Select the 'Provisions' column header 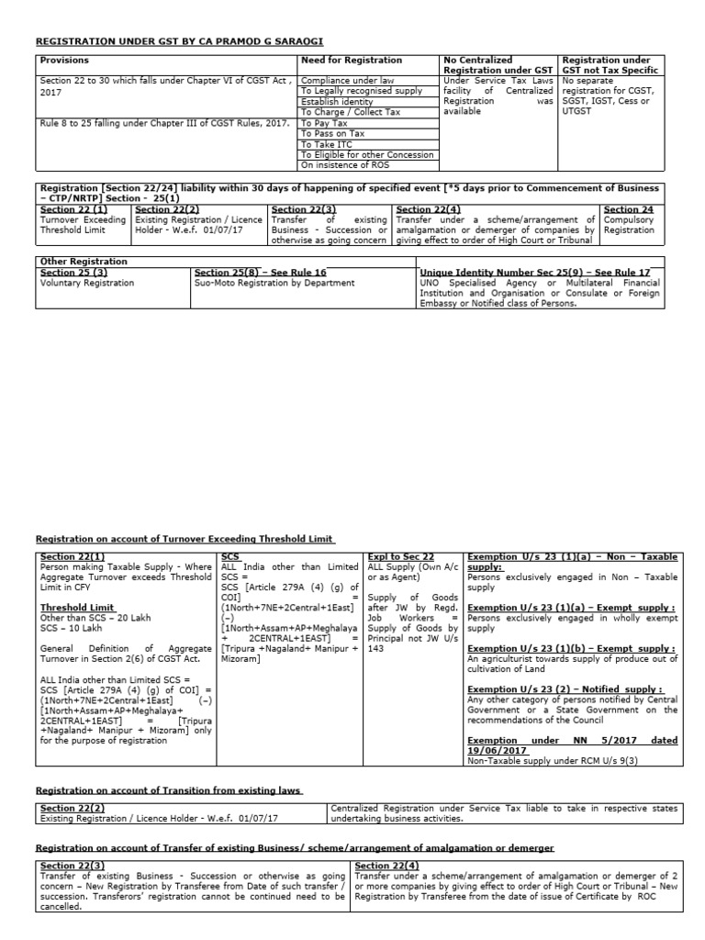pos(64,60)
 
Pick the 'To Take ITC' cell pos(326,145)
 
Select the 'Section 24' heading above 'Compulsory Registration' pos(629,210)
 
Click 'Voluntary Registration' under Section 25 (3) pos(86,283)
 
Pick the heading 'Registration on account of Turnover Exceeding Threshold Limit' pos(185,540)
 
